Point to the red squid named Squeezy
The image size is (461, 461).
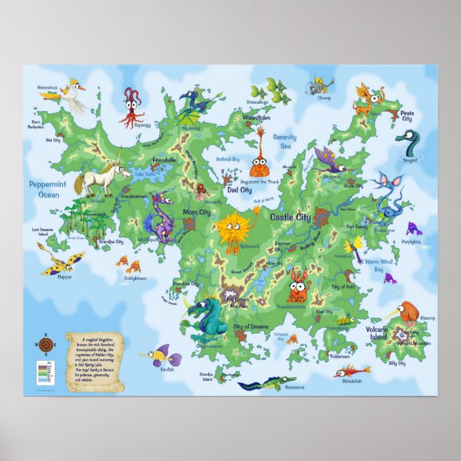coord(132,105)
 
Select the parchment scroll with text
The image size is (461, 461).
coord(95,361)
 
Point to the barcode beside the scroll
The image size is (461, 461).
coord(42,373)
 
